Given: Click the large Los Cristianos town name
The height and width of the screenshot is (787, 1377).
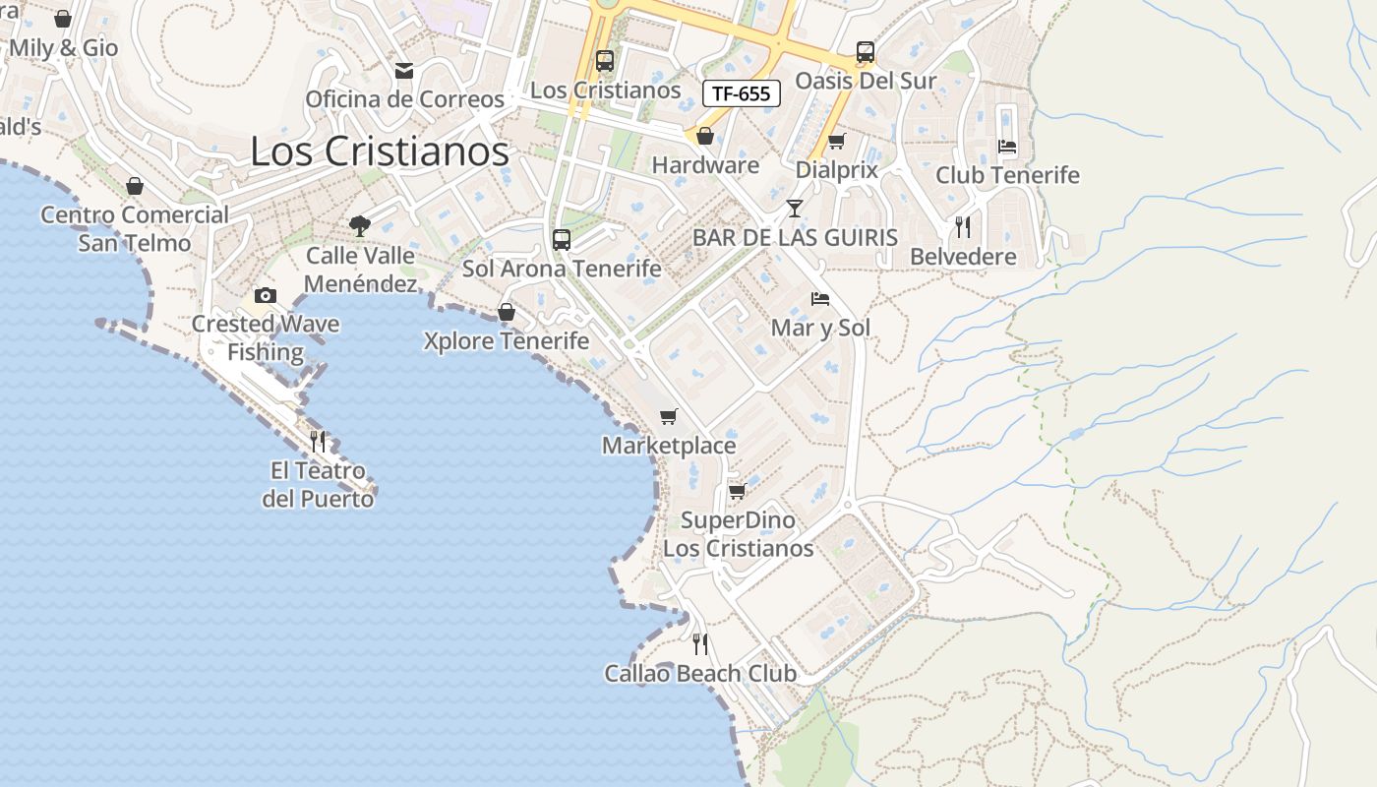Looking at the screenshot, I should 380,151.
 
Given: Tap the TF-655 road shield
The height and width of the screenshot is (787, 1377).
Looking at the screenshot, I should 742,93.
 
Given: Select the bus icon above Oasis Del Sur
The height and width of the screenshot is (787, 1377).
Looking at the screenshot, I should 865,52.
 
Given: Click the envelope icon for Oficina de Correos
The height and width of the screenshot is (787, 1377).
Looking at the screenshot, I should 403,71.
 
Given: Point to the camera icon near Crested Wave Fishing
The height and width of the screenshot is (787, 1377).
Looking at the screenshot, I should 265,295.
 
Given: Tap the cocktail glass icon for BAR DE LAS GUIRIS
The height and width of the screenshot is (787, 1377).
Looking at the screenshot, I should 795,209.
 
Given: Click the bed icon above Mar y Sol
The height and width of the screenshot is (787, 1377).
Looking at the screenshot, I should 819,299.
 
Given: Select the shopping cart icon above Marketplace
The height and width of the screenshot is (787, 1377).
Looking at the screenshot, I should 669,417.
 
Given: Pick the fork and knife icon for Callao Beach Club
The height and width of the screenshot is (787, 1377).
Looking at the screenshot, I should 700,644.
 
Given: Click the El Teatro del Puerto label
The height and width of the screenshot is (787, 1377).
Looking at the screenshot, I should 318,485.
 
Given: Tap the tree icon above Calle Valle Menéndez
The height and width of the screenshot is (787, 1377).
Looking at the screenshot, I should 360,225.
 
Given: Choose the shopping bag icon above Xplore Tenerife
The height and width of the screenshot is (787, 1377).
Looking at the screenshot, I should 507,312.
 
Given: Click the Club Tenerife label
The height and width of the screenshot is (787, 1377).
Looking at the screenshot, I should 1007,175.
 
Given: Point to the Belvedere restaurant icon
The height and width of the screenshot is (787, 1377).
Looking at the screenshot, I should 963,227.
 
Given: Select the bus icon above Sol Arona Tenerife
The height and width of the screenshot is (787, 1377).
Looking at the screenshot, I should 562,239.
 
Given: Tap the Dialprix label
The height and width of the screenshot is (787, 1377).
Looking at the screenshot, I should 836,169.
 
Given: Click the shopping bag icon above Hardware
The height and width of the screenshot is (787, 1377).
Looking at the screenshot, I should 704,136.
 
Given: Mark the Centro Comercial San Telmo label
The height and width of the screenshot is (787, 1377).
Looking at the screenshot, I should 135,228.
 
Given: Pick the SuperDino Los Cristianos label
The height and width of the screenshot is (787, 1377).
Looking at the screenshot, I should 739,534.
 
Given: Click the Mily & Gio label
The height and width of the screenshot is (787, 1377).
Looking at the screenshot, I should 63,47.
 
